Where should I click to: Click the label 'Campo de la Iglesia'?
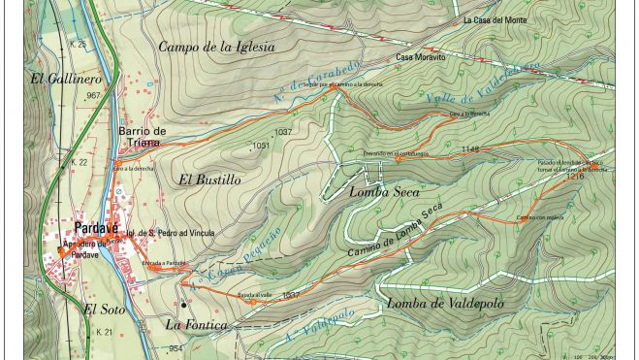point(216,47)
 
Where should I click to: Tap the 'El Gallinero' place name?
point(65,78)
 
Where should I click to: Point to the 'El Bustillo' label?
point(208,180)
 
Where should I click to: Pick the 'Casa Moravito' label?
point(419,58)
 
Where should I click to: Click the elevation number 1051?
point(260,147)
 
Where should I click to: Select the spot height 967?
point(93,96)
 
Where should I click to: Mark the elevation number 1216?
point(574,178)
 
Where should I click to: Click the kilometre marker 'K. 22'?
point(79,162)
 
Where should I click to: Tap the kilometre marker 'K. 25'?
point(79,45)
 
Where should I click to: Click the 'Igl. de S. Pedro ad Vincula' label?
point(176,234)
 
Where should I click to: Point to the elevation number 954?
point(175,348)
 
